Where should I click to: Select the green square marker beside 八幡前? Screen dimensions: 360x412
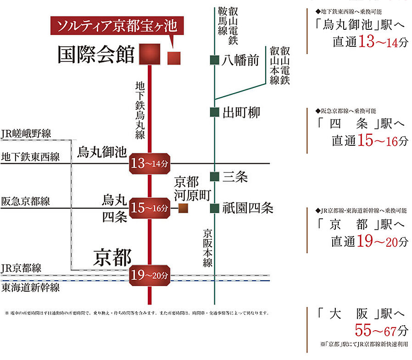[x=214, y=60]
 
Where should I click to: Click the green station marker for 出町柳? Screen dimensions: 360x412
[x=214, y=112]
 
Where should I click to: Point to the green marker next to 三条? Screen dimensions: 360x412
[x=214, y=177]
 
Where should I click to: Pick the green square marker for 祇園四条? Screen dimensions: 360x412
[x=214, y=209]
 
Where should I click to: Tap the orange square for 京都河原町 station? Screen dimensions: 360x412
[x=183, y=209]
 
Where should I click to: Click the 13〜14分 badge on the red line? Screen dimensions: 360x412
[x=150, y=163]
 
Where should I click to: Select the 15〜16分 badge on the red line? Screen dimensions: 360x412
[x=150, y=208]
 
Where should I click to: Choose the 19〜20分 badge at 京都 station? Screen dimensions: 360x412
[x=150, y=276]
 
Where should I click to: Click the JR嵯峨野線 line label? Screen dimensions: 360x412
[x=26, y=133]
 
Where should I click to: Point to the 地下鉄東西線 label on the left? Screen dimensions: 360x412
[x=30, y=157]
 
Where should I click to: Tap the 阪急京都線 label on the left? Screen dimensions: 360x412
[x=26, y=201]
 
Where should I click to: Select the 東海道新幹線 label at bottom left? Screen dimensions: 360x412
[x=30, y=288]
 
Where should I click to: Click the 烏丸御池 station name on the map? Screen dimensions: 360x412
[x=101, y=152]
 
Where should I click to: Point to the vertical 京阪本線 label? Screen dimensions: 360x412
[x=207, y=247]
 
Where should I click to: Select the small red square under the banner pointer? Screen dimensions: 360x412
[x=174, y=58]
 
